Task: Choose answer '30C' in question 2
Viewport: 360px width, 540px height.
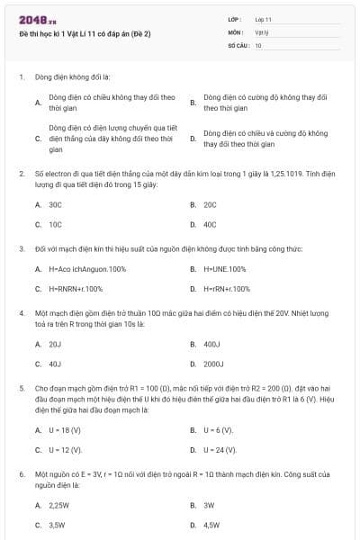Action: [55, 204]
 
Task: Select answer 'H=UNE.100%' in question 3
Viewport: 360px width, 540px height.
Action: [224, 269]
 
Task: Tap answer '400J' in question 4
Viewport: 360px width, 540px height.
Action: [212, 344]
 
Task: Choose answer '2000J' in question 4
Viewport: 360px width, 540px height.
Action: [213, 364]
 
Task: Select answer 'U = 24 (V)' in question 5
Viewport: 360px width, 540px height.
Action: [220, 449]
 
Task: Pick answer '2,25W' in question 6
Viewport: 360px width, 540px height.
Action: [58, 505]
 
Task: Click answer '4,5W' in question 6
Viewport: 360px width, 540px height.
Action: [211, 525]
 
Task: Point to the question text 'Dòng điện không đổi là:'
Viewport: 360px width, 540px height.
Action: [72, 77]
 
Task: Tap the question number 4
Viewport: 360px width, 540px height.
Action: [21, 313]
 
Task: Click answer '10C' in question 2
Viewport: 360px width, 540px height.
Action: [55, 224]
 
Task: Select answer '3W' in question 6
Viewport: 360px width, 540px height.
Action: [209, 505]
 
